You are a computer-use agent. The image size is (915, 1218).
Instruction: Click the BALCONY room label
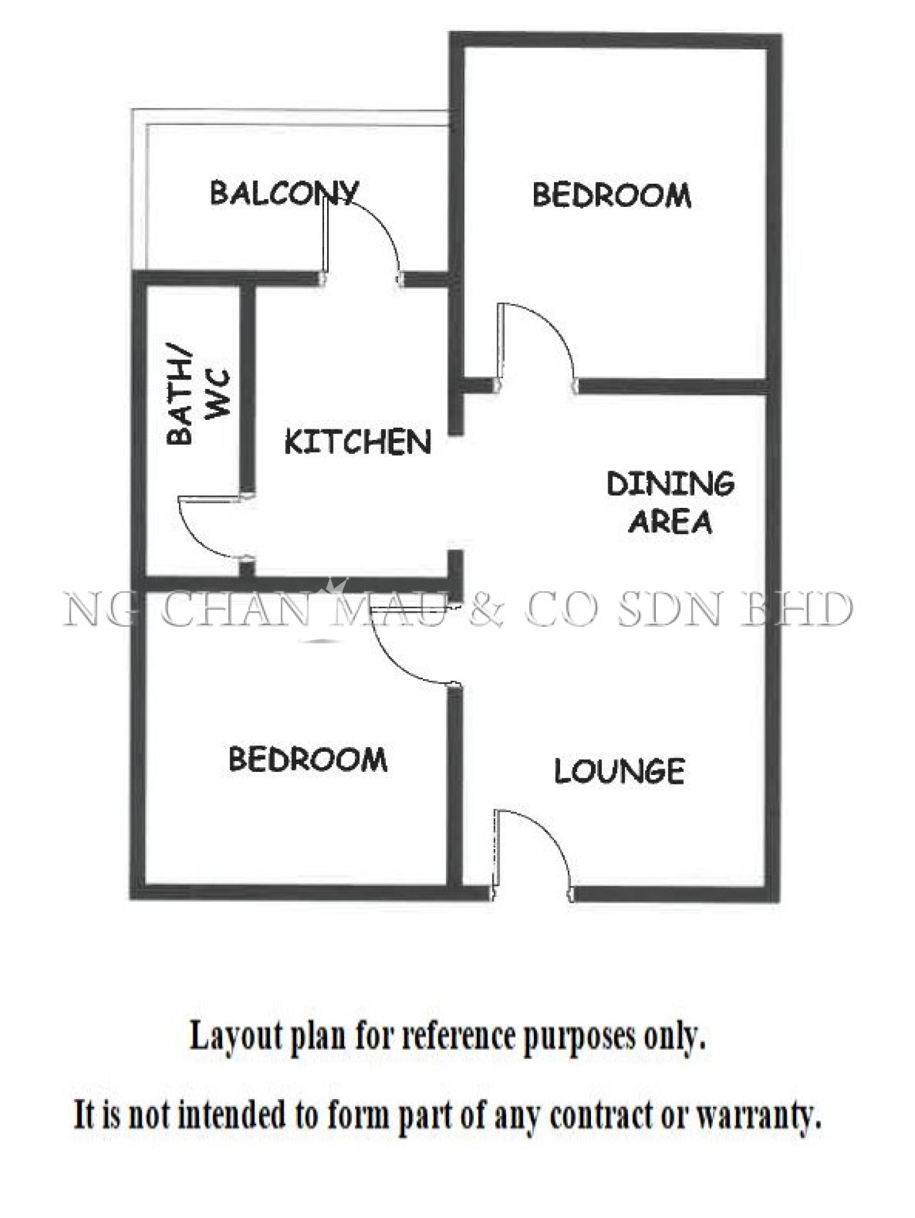click(285, 193)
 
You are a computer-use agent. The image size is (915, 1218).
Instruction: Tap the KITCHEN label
click(358, 442)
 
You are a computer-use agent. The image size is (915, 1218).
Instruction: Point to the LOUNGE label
click(620, 771)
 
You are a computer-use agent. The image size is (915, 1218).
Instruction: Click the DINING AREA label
click(671, 503)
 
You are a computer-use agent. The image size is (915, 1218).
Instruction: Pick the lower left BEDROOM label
click(308, 759)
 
